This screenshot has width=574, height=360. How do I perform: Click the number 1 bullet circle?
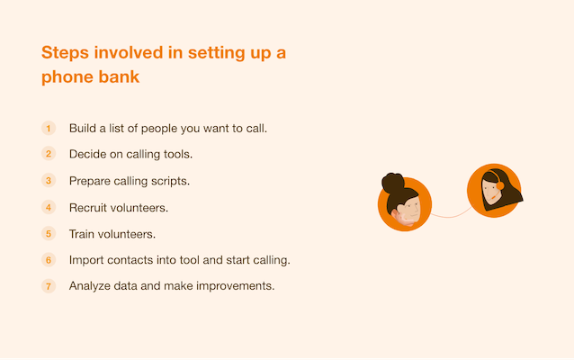49,128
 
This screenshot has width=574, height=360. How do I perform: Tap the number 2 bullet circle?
49,153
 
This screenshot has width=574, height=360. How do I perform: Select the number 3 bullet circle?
49,181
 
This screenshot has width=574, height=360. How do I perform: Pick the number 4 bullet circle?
49,207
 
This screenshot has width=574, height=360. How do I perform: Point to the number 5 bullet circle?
49,234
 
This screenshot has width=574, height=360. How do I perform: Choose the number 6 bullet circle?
49,260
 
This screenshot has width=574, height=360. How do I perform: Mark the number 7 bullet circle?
49,285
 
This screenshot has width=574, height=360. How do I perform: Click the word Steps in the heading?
65,53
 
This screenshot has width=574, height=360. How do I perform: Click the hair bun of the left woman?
393,183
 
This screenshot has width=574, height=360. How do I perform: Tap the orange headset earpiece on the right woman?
500,186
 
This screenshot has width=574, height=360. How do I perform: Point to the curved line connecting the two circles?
452,216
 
